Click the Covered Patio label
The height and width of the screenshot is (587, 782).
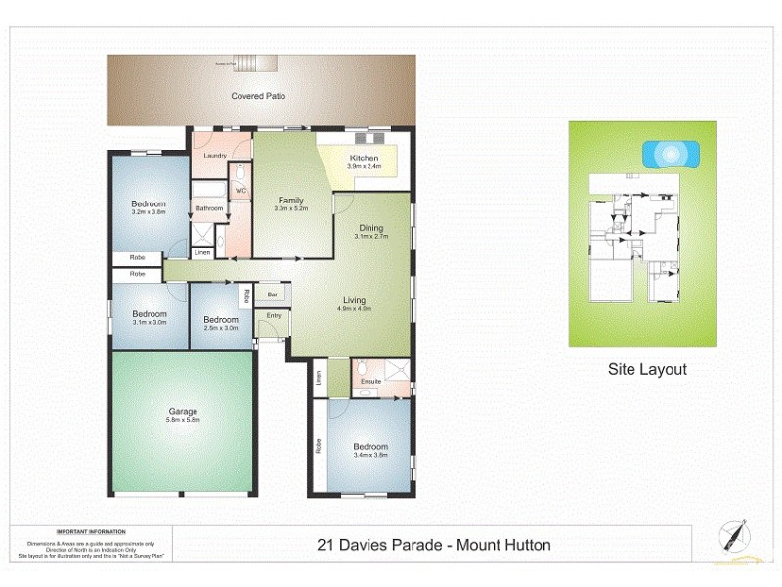pos(259,96)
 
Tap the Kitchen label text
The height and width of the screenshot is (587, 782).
pos(364,158)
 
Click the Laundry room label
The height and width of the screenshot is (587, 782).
pos(215,156)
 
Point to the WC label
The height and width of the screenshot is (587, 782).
pos(240,190)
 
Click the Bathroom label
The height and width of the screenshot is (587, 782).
pos(210,208)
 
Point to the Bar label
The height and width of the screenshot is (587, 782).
pos(274,293)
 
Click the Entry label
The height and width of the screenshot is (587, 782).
pos(273,315)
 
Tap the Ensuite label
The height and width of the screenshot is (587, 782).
pos(370,380)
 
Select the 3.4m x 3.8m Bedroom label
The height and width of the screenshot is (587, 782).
pos(370,451)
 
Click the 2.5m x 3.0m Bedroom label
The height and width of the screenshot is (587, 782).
pos(221,324)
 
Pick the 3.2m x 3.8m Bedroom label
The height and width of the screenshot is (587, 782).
pos(149,207)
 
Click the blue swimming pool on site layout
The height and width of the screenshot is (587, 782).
pos(670,154)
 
